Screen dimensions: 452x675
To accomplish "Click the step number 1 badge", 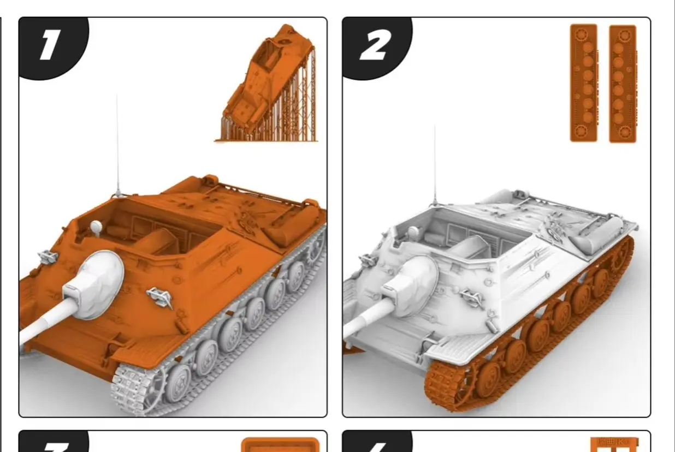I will coord(49,45).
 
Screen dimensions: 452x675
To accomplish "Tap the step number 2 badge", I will coord(374,45).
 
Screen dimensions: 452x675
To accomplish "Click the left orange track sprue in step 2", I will coord(583,82).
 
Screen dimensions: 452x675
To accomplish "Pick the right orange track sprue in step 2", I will coord(623,84).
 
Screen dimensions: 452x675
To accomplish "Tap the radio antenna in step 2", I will coord(435,164).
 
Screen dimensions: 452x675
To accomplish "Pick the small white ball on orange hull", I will coord(96,226).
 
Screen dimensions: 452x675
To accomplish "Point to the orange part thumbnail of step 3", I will coord(280,444).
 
